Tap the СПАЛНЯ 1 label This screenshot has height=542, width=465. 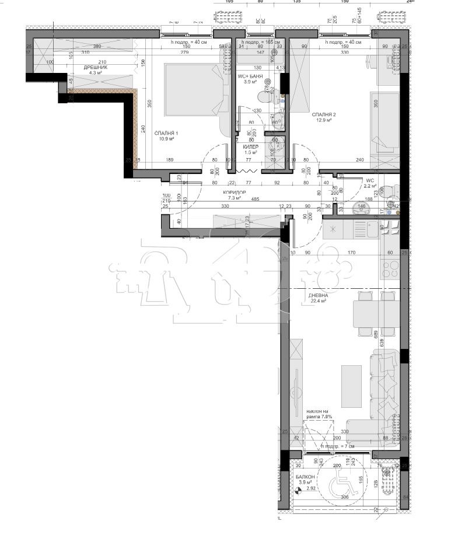(x=166, y=134)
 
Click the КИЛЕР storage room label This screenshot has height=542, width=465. (x=251, y=147)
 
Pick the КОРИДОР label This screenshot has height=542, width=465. (x=234, y=193)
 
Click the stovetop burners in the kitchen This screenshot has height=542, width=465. (x=389, y=270)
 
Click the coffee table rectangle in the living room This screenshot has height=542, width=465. (x=351, y=382)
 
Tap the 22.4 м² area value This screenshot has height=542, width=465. (x=318, y=302)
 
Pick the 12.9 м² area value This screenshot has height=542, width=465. (x=324, y=121)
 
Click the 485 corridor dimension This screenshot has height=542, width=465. (x=255, y=200)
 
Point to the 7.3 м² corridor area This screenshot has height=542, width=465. (x=234, y=199)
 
